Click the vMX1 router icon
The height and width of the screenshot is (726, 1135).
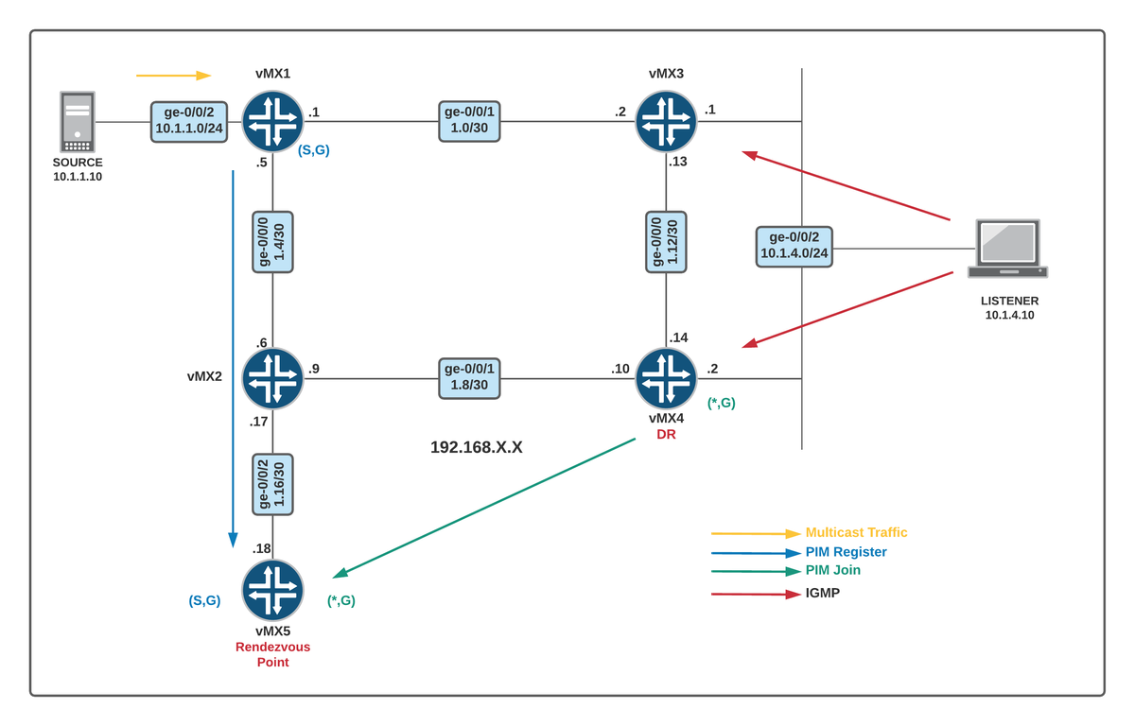tap(272, 121)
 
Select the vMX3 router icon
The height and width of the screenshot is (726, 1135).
tap(666, 121)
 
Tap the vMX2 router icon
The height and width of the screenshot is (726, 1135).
tap(272, 378)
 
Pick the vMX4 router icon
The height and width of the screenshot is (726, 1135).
tap(666, 378)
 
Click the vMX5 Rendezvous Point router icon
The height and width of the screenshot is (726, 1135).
tap(272, 590)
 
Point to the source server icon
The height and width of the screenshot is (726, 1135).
tap(78, 122)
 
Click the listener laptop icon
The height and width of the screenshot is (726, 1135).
tap(1007, 249)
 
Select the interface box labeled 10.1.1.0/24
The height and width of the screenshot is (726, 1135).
tap(189, 122)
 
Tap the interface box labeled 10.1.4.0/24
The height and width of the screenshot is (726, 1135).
tap(794, 246)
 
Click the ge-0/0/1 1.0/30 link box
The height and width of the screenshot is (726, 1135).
tap(469, 122)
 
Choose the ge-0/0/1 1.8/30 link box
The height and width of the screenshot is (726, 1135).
tap(469, 378)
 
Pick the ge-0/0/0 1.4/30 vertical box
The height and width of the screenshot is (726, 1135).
tap(272, 242)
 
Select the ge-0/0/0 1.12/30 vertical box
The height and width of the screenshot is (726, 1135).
tap(666, 242)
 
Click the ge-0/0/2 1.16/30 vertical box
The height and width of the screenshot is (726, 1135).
tap(272, 484)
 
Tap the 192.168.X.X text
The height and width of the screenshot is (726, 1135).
tap(476, 447)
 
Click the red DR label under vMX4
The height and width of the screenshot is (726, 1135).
tap(666, 434)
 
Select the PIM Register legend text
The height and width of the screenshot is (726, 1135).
tap(846, 552)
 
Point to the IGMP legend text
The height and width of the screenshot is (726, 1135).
tap(822, 593)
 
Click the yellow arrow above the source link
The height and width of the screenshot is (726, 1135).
tap(173, 75)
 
